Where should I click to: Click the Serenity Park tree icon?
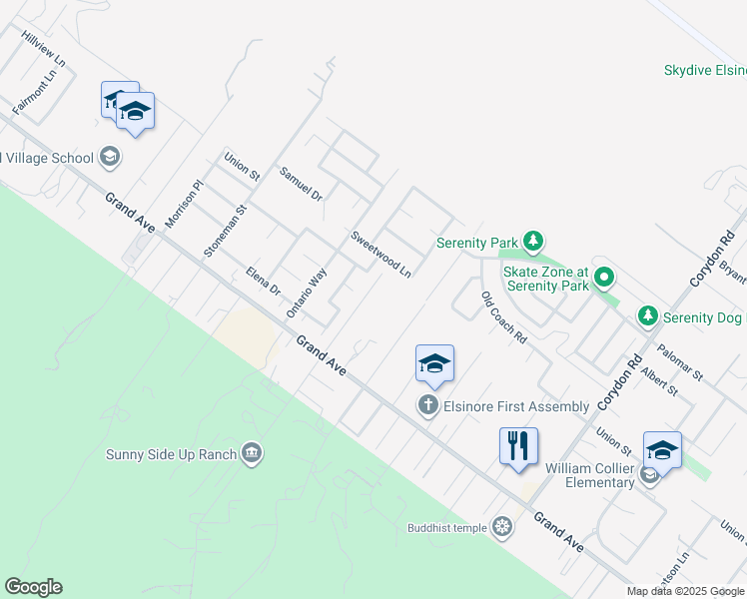pyautogui.click(x=534, y=241)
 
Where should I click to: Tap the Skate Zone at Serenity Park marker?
pyautogui.click(x=603, y=277)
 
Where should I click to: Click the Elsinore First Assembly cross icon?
pyautogui.click(x=428, y=405)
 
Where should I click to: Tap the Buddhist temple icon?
pyautogui.click(x=501, y=526)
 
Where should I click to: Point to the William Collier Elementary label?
pyautogui.click(x=589, y=475)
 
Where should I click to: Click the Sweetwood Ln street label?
pyautogui.click(x=380, y=254)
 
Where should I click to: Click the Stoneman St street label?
pyautogui.click(x=225, y=233)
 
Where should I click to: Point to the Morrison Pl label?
pyautogui.click(x=184, y=204)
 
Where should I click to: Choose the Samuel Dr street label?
pyautogui.click(x=301, y=184)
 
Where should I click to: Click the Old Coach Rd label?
pyautogui.click(x=503, y=317)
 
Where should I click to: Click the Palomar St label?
pyautogui.click(x=680, y=363)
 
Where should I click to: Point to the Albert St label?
pyautogui.click(x=660, y=380)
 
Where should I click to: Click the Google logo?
pyautogui.click(x=34, y=587)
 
